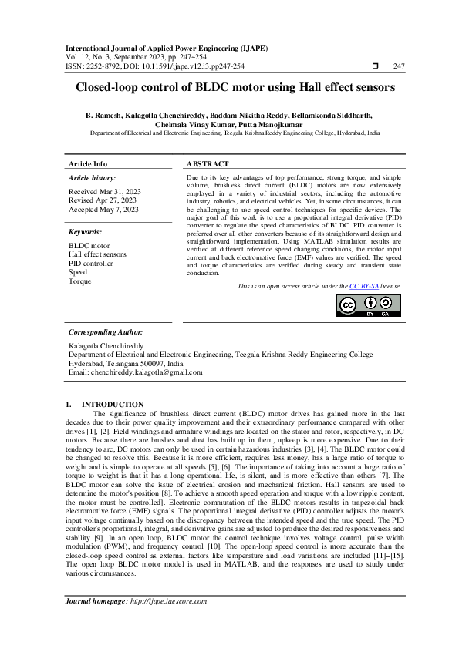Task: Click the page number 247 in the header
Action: pyautogui.click(x=399, y=66)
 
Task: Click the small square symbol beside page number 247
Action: pyautogui.click(x=375, y=66)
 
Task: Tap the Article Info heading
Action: pyautogui.click(x=88, y=164)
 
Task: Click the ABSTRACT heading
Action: pyautogui.click(x=208, y=164)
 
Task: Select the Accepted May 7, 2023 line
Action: pyautogui.click(x=103, y=209)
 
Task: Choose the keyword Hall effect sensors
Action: pyautogui.click(x=97, y=254)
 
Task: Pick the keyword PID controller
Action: pyautogui.click(x=90, y=263)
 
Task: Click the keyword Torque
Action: pyautogui.click(x=79, y=281)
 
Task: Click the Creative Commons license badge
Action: pyautogui.click(x=368, y=305)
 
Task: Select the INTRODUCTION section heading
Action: pyautogui.click(x=112, y=404)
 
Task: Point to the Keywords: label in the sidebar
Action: pyautogui.click(x=86, y=231)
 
